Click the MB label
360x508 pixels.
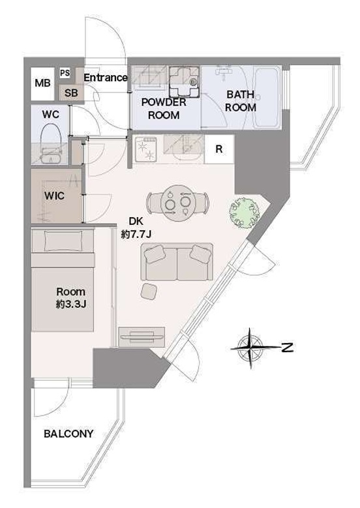pos(42,83)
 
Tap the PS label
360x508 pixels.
pos(65,73)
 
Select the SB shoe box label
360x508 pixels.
pos(71,93)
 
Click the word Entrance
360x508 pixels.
pos(105,78)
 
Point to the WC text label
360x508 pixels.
pos(51,114)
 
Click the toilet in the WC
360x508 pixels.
pos(51,144)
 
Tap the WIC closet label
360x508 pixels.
pos(54,196)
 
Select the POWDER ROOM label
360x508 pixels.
pos(164,108)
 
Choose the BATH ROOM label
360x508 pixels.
pos(241,101)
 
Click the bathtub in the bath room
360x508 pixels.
pos(267,98)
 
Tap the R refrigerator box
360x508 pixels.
pos(219,149)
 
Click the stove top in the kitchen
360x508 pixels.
pos(146,149)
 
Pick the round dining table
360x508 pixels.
pos(177,203)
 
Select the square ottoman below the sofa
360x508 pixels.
pos(149,291)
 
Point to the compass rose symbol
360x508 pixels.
pos(250,348)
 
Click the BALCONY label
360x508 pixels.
pos(68,434)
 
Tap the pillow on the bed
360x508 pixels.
pos(63,241)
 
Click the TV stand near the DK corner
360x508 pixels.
pos(142,337)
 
